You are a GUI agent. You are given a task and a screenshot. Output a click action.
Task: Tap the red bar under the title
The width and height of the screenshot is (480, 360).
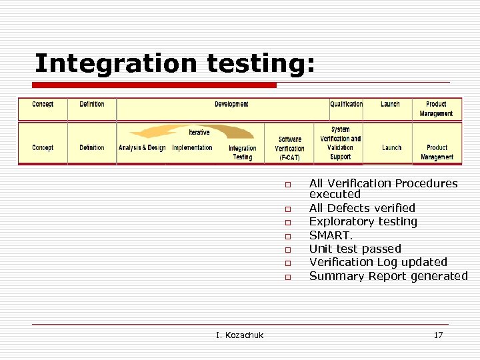[155, 85]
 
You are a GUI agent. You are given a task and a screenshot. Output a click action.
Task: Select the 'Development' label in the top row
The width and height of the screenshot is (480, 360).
[231, 105]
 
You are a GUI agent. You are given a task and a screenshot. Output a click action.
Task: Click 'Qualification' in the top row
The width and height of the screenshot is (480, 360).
[347, 105]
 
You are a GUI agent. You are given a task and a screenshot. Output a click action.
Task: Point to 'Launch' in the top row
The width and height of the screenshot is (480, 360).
[390, 105]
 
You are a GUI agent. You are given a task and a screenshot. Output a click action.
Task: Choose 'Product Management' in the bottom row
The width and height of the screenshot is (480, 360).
[437, 152]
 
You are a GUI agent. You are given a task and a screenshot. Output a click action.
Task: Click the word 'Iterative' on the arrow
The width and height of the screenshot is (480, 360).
[199, 132]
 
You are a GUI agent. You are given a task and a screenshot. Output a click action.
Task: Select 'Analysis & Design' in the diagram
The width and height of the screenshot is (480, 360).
[142, 148]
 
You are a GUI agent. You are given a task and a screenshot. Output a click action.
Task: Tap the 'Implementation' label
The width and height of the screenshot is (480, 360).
[192, 148]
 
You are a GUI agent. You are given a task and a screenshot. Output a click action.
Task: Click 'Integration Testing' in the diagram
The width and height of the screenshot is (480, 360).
[242, 153]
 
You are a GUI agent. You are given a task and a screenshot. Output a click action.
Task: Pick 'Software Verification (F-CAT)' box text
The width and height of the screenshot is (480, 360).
[289, 149]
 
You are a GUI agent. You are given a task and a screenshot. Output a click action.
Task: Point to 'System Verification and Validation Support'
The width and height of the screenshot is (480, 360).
[340, 143]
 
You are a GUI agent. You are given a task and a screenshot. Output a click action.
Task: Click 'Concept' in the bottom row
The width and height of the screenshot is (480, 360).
[43, 148]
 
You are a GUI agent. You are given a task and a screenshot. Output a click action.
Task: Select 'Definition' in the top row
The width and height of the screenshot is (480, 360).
[91, 105]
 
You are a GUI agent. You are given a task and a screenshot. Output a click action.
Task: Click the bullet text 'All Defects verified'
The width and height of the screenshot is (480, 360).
[362, 208]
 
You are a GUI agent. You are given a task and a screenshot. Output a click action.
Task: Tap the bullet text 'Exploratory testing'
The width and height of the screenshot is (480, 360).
[363, 221]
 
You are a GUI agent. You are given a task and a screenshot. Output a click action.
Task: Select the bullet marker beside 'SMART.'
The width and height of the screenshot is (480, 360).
[288, 236]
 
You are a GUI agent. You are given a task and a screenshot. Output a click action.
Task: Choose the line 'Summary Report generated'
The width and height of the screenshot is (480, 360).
[388, 276]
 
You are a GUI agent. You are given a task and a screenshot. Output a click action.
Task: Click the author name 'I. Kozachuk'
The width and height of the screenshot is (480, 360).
[239, 335]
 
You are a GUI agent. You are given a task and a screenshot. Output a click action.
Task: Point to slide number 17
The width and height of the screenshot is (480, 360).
[438, 335]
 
